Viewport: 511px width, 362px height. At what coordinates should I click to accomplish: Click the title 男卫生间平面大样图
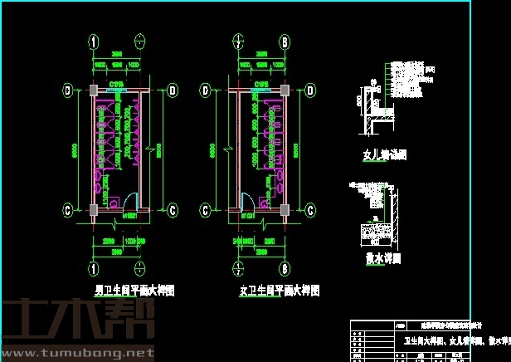pyautogui.click(x=134, y=291)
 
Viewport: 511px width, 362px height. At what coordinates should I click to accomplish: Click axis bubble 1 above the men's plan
pyautogui.click(x=95, y=42)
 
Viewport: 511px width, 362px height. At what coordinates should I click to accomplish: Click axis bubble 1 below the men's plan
pyautogui.click(x=95, y=268)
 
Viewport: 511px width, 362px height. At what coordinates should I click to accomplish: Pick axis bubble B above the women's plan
pyautogui.click(x=284, y=42)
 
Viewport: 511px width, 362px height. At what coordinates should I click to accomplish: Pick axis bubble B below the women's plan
pyautogui.click(x=284, y=268)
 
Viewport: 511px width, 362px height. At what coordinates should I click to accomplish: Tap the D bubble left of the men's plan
pyautogui.click(x=67, y=90)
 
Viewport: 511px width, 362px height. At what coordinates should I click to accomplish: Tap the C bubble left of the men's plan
pyautogui.click(x=67, y=208)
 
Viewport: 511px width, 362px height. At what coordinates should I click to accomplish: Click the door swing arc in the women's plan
pyautogui.click(x=246, y=200)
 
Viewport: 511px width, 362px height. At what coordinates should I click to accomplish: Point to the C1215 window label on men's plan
pyautogui.click(x=117, y=83)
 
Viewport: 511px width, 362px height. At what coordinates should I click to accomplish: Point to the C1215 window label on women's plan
pyautogui.click(x=260, y=83)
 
